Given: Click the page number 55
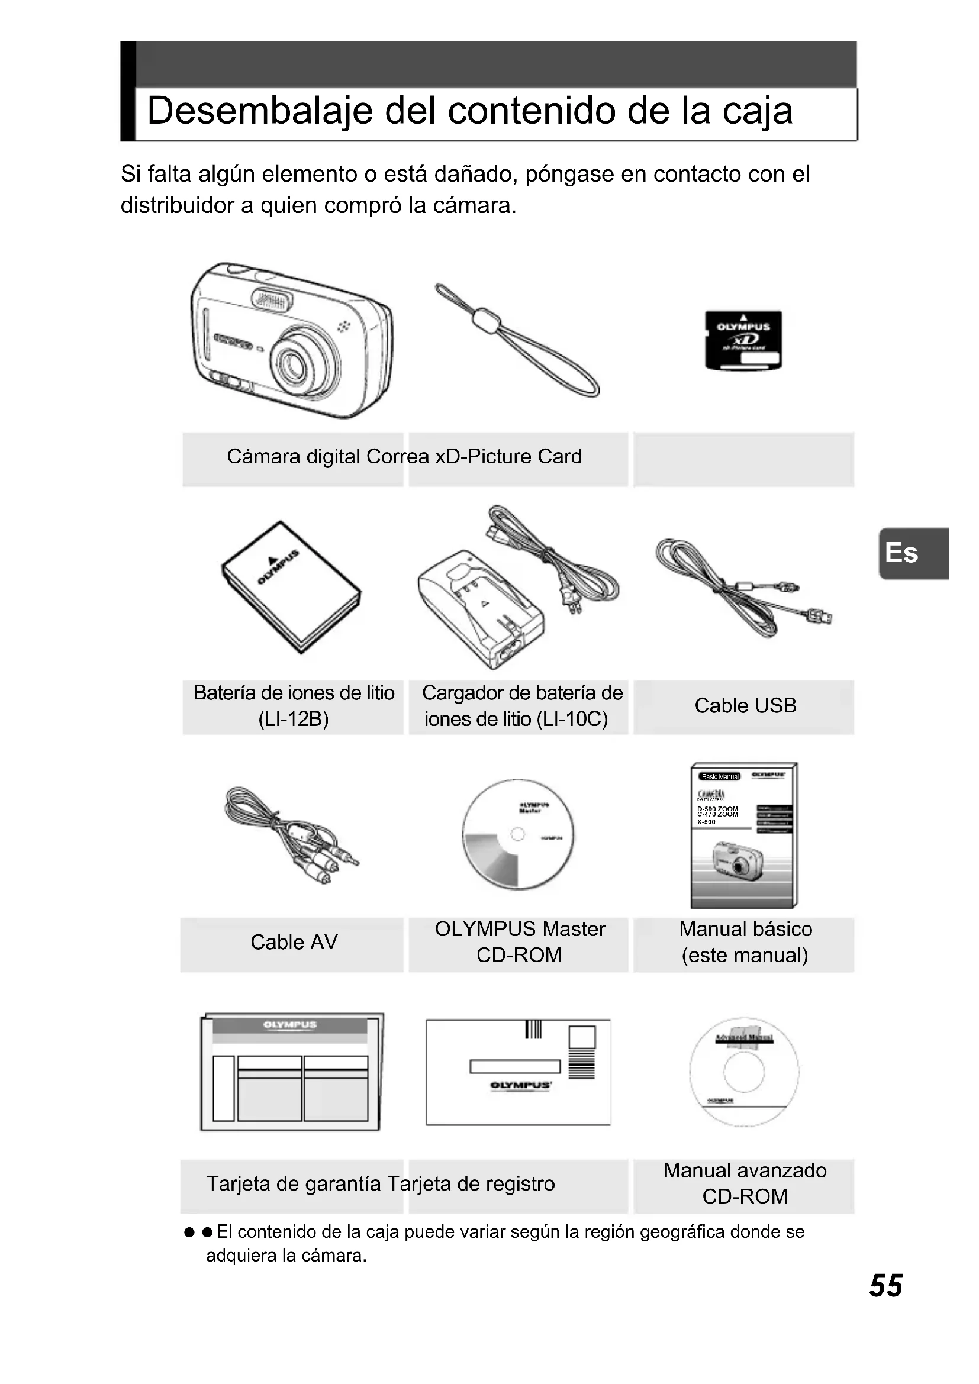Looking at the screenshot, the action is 885,1286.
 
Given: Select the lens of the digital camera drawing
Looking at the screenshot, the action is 297,364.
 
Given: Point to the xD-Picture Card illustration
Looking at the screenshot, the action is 743,340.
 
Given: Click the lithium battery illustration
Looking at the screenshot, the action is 291,586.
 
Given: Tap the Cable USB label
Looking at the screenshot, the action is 745,706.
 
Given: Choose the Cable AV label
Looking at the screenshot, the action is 294,942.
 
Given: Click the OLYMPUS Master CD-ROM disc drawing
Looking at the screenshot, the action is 518,835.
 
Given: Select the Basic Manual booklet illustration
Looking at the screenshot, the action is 744,835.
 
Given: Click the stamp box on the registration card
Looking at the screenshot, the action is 582,1037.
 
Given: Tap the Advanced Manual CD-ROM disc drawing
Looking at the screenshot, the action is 744,1072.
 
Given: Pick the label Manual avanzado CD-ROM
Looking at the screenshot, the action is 745,1183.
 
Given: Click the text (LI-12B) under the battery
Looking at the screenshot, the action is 294,719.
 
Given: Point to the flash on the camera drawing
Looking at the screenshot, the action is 271,299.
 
